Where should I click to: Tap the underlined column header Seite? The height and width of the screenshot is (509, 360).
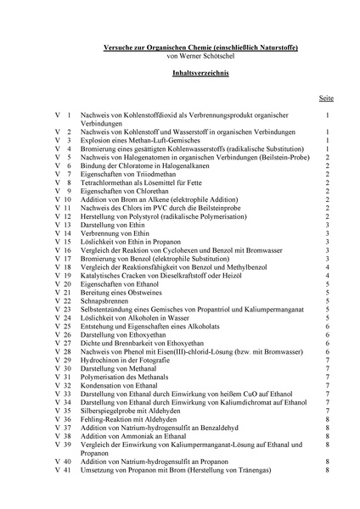(x=327, y=98)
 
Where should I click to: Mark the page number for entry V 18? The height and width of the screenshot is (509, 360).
(x=327, y=267)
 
